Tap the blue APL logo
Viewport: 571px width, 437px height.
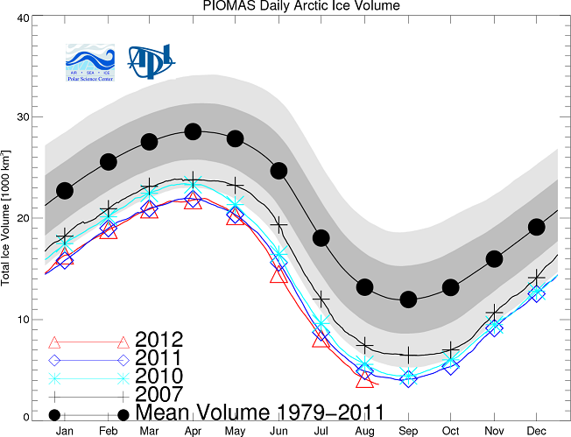[x=151, y=60]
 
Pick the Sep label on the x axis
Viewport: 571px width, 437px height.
[x=408, y=431]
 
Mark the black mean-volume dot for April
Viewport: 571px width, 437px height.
[x=194, y=132]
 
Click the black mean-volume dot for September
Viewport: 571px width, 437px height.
[x=408, y=300]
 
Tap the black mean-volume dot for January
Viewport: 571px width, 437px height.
[x=65, y=190]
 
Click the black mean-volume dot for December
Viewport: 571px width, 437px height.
[x=537, y=227]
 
